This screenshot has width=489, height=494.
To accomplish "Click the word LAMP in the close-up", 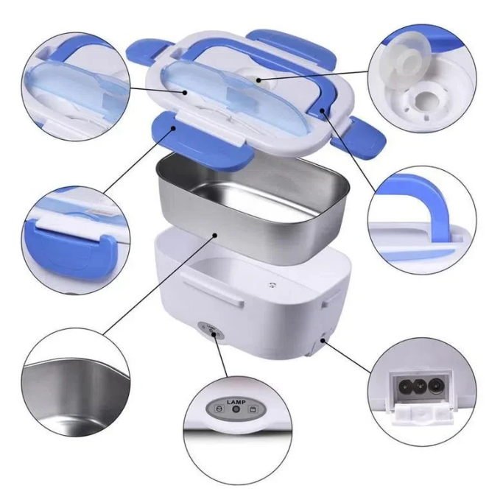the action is pyautogui.click(x=236, y=402).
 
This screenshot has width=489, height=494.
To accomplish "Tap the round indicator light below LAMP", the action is pyautogui.click(x=236, y=409).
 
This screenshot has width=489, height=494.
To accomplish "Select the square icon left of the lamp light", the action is pyautogui.click(x=219, y=409).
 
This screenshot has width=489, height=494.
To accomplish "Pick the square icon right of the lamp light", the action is pyautogui.click(x=253, y=409).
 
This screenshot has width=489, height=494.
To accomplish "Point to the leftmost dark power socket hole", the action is pyautogui.click(x=404, y=387).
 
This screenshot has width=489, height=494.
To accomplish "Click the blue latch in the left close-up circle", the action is pyautogui.click(x=72, y=249).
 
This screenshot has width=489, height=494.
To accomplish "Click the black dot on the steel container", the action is pyautogui.click(x=215, y=235).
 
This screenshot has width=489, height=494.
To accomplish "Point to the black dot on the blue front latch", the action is pyautogui.click(x=173, y=128).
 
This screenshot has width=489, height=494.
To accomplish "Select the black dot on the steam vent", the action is pyautogui.click(x=258, y=80).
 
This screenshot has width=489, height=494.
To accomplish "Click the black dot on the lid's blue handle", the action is pyautogui.click(x=323, y=110).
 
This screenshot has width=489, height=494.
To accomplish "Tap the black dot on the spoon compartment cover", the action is pyautogui.click(x=186, y=92).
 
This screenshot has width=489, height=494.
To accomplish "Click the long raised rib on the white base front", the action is pyautogui.click(x=212, y=289).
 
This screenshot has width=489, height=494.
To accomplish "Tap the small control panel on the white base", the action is pyautogui.click(x=211, y=331).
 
